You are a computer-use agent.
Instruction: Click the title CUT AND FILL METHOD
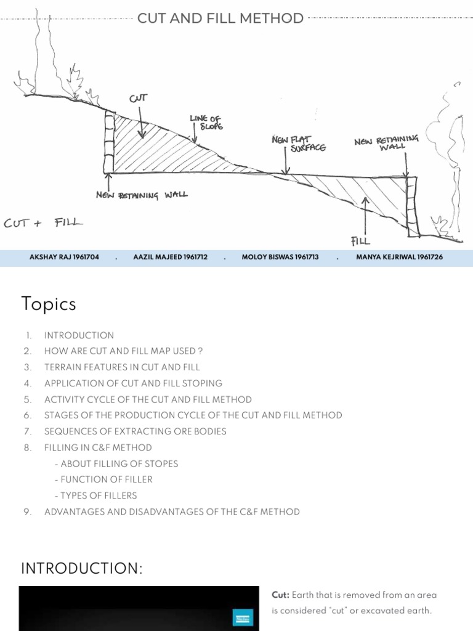[x=220, y=18]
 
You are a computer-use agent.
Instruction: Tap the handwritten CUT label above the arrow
[x=138, y=99]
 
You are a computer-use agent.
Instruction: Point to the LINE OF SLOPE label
[x=206, y=122]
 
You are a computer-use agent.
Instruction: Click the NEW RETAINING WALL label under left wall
[x=142, y=195]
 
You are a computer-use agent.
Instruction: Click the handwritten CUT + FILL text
[x=43, y=222]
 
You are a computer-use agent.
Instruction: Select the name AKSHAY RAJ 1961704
[x=64, y=257]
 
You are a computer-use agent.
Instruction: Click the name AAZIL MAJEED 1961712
[x=170, y=257]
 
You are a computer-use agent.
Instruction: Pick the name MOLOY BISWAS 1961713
[x=280, y=257]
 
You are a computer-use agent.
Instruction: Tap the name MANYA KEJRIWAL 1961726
[x=399, y=257]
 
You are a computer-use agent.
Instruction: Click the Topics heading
[x=49, y=304]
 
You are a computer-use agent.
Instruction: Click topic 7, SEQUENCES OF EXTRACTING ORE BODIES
[x=135, y=431]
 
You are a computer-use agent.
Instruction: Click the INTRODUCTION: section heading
[x=82, y=568]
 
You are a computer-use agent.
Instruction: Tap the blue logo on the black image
[x=243, y=617]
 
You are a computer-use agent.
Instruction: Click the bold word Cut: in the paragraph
[x=281, y=595]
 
